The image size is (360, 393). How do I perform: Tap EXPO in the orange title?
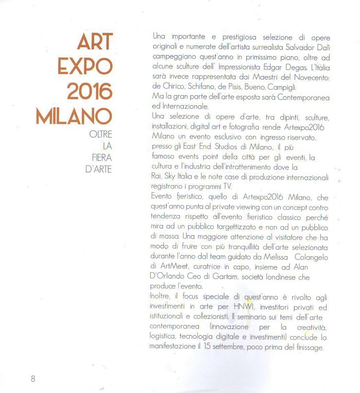pyautogui.click(x=85, y=67)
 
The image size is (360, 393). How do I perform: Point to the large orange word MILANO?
pyautogui.click(x=74, y=116)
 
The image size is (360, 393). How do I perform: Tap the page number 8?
pyautogui.click(x=33, y=379)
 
